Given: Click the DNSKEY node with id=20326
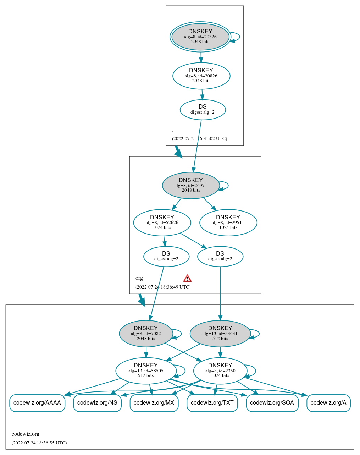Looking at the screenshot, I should pyautogui.click(x=200, y=37).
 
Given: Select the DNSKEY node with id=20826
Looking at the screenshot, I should pyautogui.click(x=201, y=76).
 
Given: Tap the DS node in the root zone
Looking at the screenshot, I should pyautogui.click(x=203, y=110).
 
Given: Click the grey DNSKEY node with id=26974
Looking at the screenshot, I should pyautogui.click(x=191, y=185).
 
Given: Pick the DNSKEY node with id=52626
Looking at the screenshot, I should pyautogui.click(x=162, y=223).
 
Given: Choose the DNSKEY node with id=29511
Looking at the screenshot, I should pyautogui.click(x=228, y=223).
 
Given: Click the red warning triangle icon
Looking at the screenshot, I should pyautogui.click(x=187, y=278).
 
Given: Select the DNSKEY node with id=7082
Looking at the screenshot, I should pyautogui.click(x=146, y=334).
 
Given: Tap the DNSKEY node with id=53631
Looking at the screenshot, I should pyautogui.click(x=220, y=334).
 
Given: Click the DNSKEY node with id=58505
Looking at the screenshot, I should pyautogui.click(x=146, y=371).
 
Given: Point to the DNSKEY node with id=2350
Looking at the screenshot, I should pyautogui.click(x=220, y=371).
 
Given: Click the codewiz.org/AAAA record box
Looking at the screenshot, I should pyautogui.click(x=37, y=403).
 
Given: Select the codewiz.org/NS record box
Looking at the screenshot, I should pyautogui.click(x=97, y=403).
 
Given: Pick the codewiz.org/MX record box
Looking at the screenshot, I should pyautogui.click(x=154, y=403).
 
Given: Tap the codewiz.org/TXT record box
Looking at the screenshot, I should pyautogui.click(x=212, y=403).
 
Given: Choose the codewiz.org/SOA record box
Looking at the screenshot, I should pyautogui.click(x=272, y=403).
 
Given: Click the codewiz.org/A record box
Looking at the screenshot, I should pyautogui.click(x=328, y=403).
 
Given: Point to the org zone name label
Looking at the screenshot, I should pyautogui.click(x=139, y=278).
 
